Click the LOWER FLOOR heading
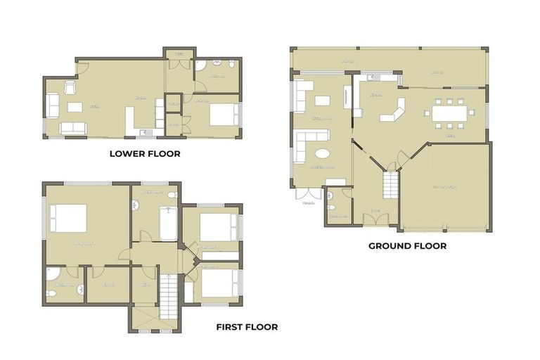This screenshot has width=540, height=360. coord(144,153)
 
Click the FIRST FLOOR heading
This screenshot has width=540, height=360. coord(246,327)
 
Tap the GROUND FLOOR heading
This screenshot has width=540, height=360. coord(407,246)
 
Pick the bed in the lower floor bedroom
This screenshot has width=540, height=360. coord(224,113)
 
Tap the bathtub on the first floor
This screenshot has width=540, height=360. coord(167,224)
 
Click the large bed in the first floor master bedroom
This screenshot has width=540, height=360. coord(68,219)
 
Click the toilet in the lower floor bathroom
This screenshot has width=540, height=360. coord(201,67)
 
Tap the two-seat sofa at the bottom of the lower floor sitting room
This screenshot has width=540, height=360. coord(73,127)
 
